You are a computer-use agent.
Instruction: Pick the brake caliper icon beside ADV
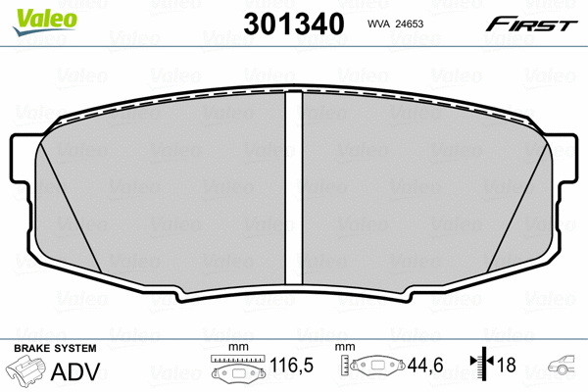tap(25, 372)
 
